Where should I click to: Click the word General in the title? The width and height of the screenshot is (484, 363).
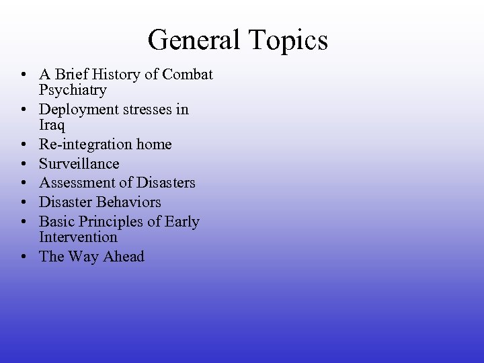[x=196, y=40]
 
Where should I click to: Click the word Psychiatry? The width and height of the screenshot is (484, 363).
[x=73, y=90]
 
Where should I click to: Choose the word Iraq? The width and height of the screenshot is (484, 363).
[x=51, y=125]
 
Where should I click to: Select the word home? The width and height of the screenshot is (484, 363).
[x=154, y=145]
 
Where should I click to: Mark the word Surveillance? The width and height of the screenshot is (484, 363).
[x=79, y=164]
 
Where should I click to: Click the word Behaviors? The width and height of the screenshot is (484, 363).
[x=130, y=202]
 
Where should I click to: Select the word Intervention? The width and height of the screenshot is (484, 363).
[x=79, y=237]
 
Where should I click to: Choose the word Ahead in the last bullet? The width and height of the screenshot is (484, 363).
[x=122, y=256]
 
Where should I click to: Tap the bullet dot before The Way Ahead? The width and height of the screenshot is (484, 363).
[x=24, y=257]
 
